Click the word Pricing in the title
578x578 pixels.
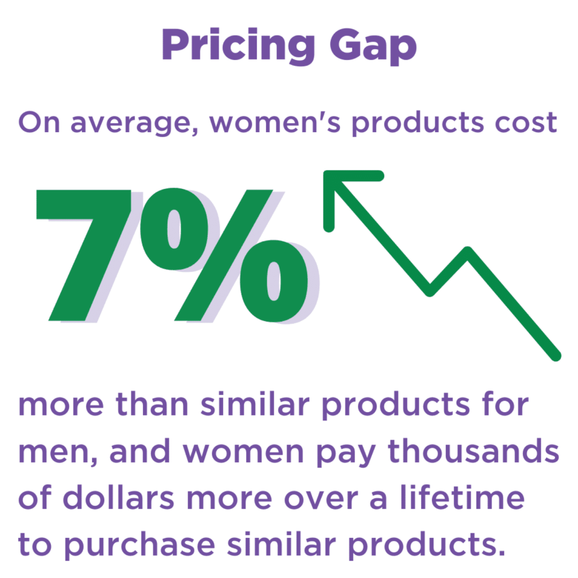(x=238, y=46)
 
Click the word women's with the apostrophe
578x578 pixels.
(x=275, y=122)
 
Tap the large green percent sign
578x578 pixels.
(x=224, y=255)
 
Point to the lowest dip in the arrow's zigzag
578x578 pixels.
(x=430, y=291)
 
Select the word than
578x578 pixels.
(x=152, y=404)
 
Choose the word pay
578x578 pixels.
(x=346, y=454)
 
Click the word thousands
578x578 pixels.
(x=474, y=450)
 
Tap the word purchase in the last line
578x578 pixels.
(x=140, y=545)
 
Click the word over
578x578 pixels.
(x=321, y=500)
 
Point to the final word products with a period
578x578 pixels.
(x=427, y=545)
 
